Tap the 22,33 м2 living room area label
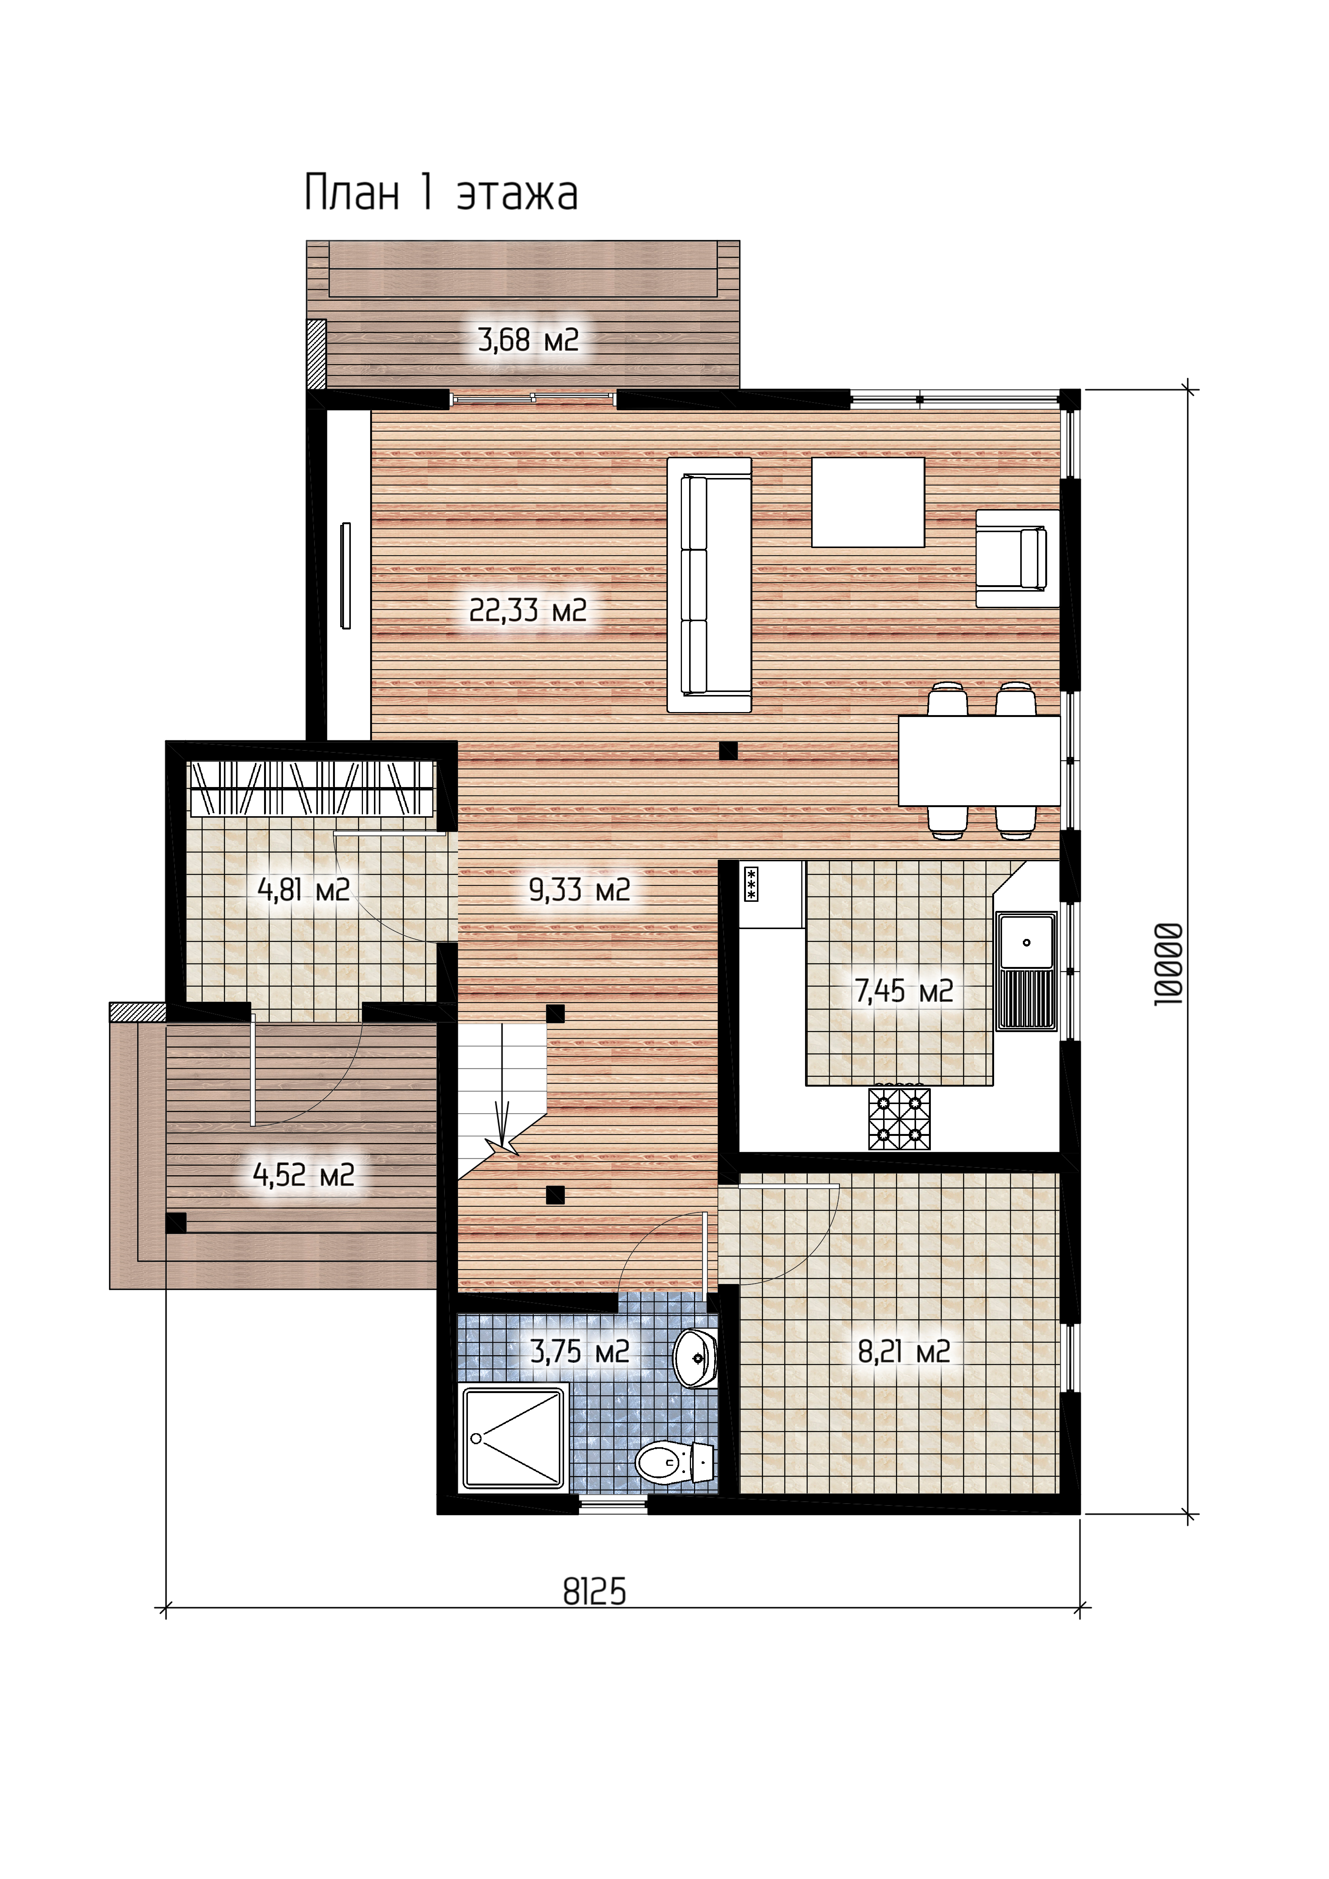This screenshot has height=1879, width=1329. pyautogui.click(x=528, y=611)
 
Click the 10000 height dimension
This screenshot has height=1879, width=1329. pyautogui.click(x=1169, y=964)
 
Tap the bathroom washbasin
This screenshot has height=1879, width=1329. pyautogui.click(x=695, y=1359)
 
